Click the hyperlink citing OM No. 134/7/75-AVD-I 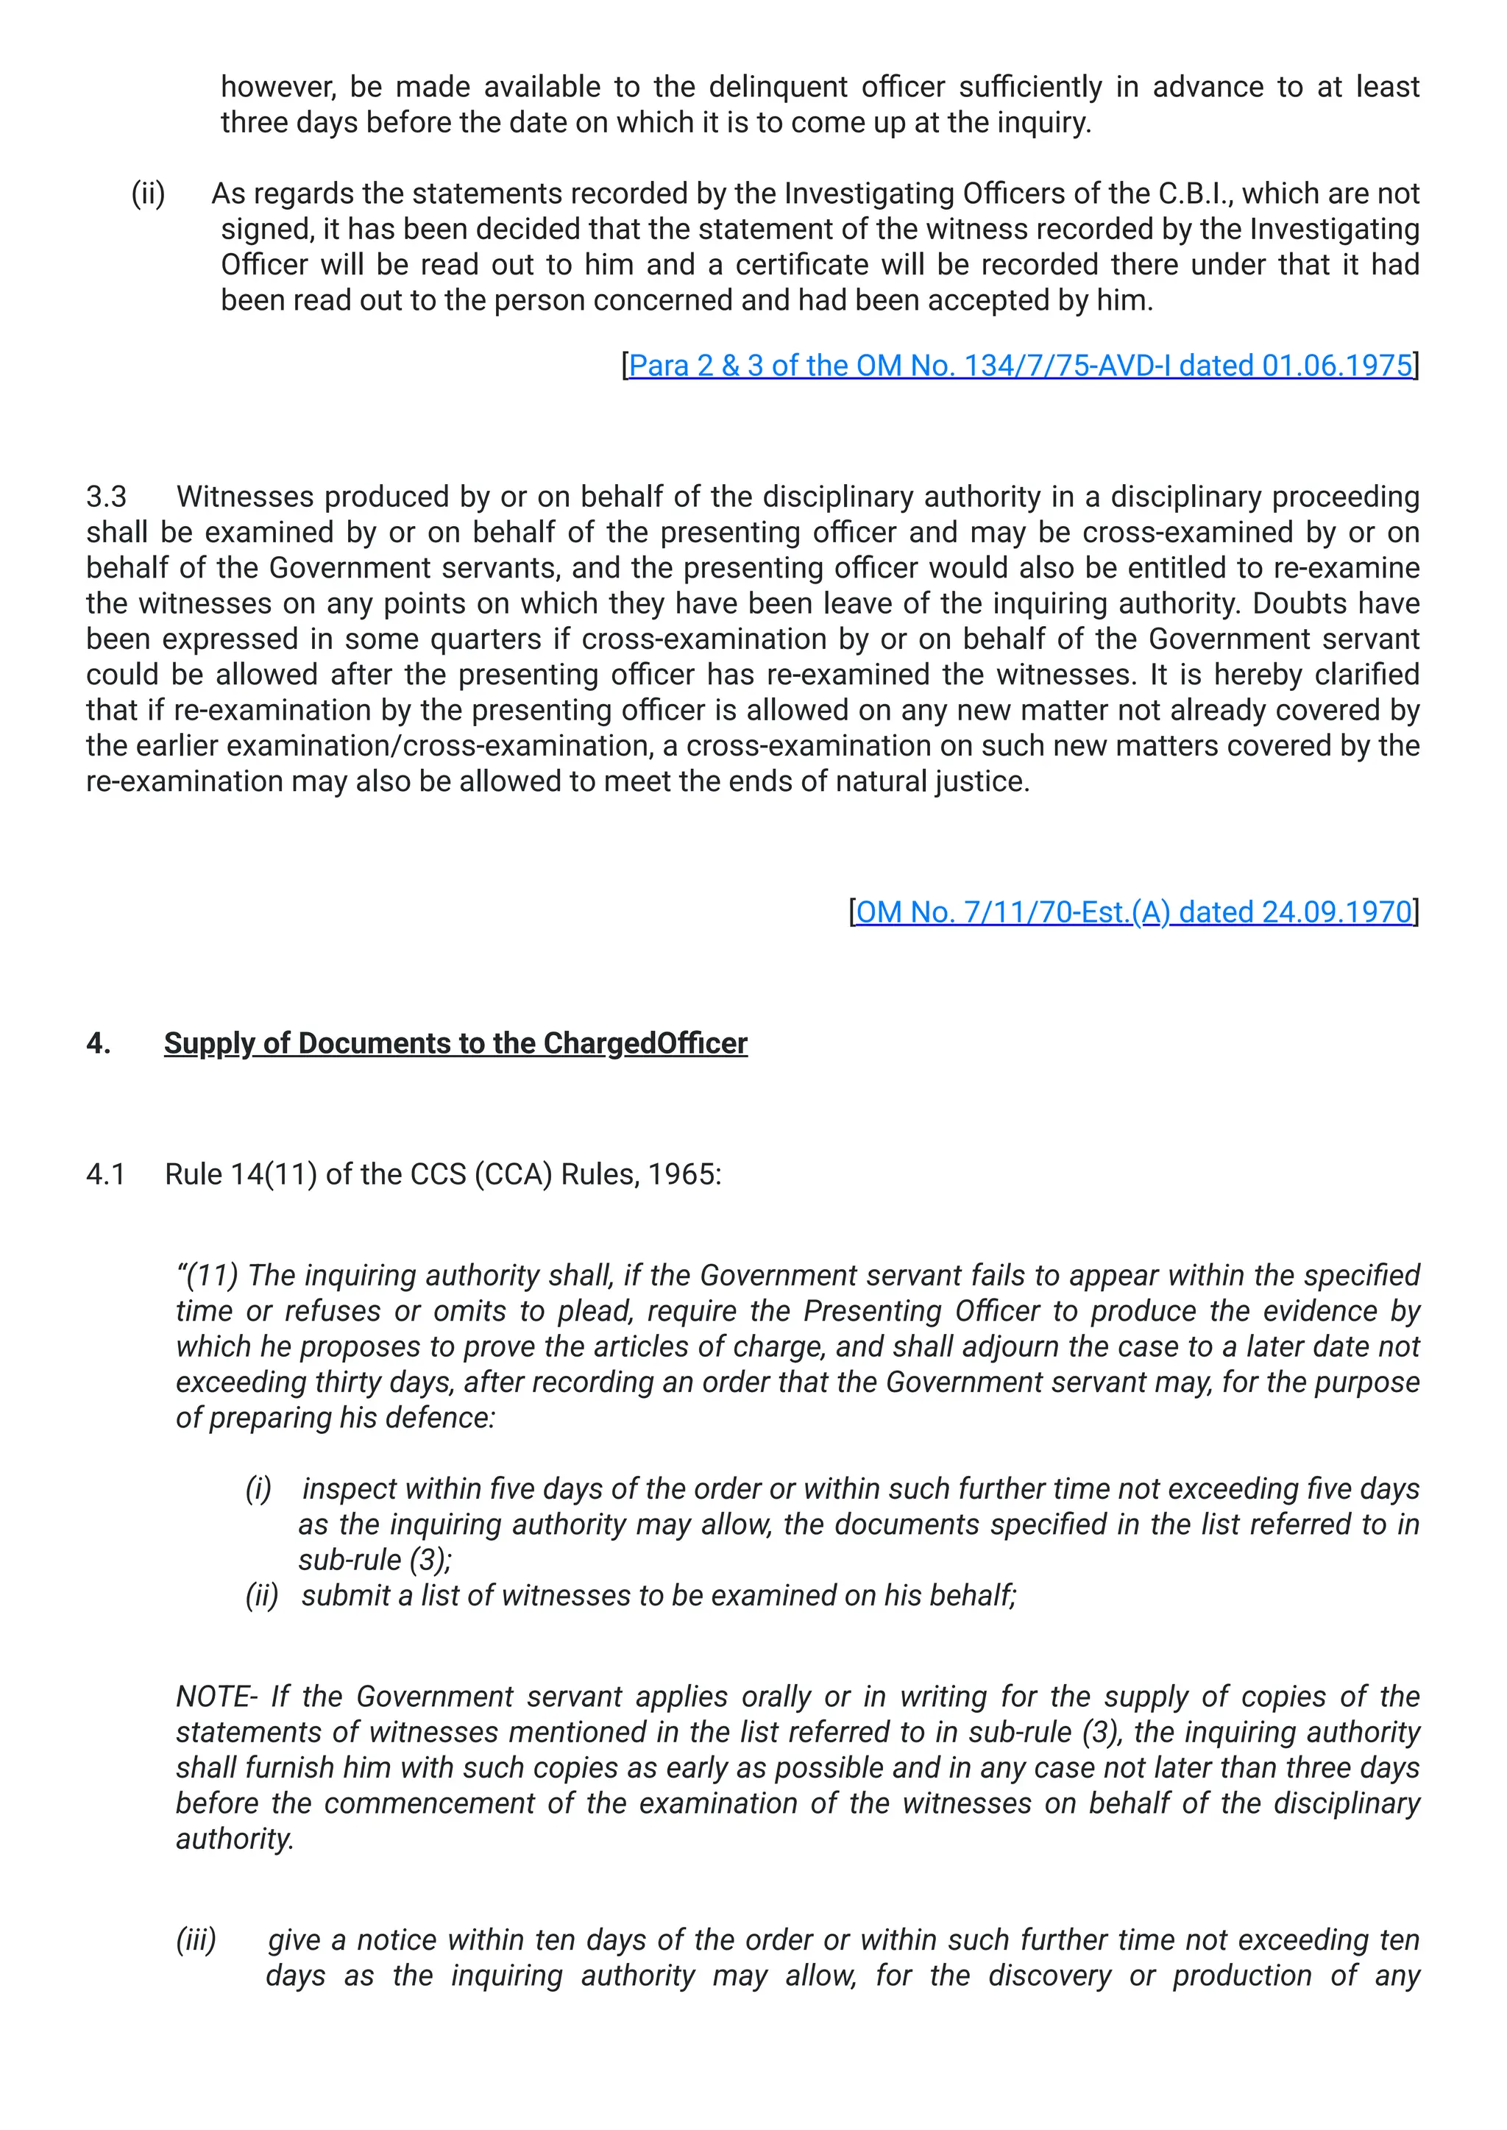[x=1020, y=366]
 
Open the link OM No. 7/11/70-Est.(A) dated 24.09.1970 [x=1133, y=912]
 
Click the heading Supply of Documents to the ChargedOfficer [x=455, y=1043]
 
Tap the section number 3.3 [x=106, y=497]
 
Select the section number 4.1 [x=105, y=1174]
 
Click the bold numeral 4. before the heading [x=99, y=1043]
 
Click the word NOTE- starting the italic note [x=217, y=1696]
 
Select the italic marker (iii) [x=196, y=1940]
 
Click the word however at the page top [x=278, y=88]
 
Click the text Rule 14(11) [x=241, y=1174]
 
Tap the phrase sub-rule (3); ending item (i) [x=374, y=1560]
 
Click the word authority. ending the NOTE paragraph [x=235, y=1839]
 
